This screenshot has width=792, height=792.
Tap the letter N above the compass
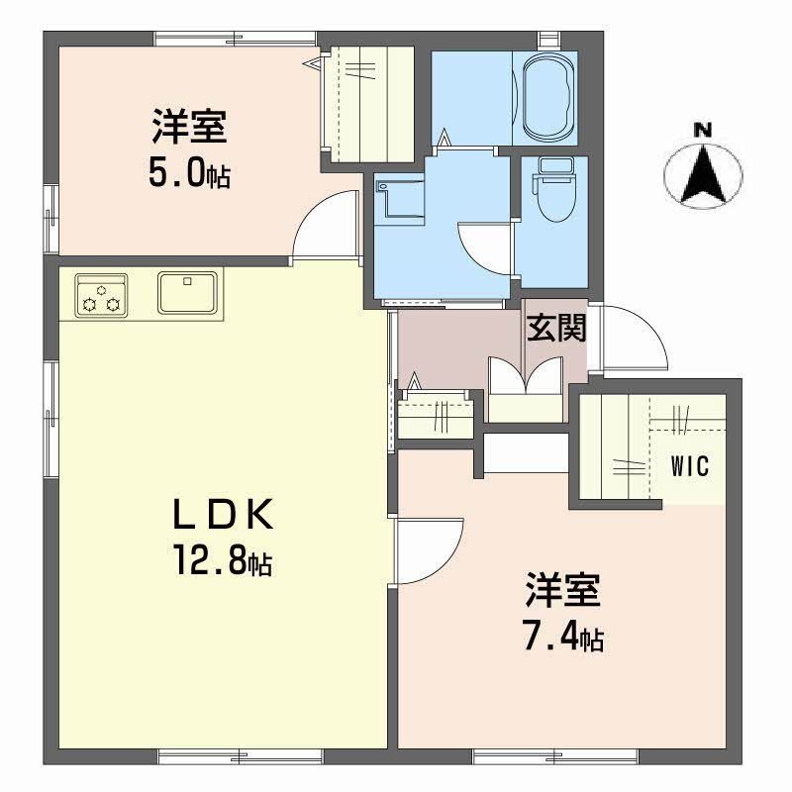click(x=702, y=130)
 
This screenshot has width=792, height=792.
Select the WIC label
click(x=690, y=466)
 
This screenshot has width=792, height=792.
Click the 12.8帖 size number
click(x=222, y=563)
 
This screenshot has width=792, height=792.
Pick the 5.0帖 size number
click(x=190, y=174)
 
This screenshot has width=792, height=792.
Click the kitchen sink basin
click(x=189, y=293)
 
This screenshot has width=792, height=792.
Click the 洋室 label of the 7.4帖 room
click(x=561, y=593)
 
